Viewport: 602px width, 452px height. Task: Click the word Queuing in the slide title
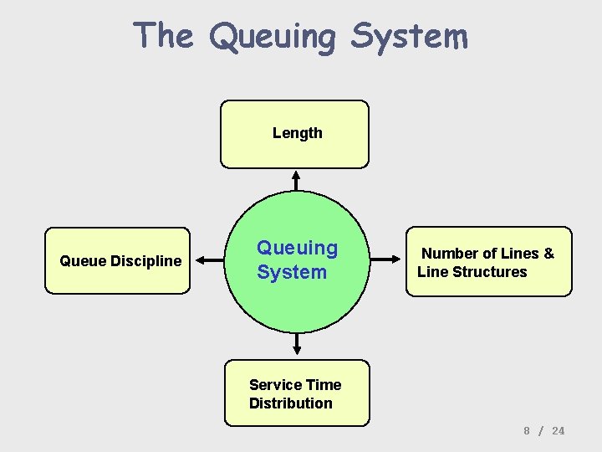[273, 38]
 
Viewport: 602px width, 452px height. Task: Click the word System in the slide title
[409, 38]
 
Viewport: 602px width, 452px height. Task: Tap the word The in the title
[163, 36]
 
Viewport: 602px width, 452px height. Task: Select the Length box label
[297, 133]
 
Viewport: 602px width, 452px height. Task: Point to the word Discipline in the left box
[147, 261]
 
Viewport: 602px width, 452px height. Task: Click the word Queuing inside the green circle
[297, 248]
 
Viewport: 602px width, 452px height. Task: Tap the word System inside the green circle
[292, 272]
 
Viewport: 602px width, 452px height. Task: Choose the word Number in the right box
[450, 254]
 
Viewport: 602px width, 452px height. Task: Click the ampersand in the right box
[548, 254]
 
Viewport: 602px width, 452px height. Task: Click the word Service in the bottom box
[276, 385]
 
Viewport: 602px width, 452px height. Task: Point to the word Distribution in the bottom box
[290, 403]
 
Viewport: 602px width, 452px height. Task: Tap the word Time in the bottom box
[324, 385]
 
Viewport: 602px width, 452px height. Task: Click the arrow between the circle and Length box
[295, 181]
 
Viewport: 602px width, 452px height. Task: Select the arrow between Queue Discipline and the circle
[211, 260]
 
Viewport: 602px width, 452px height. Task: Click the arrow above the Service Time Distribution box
[297, 343]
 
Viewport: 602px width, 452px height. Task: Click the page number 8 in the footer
[527, 430]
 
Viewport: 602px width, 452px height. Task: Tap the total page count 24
[559, 430]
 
